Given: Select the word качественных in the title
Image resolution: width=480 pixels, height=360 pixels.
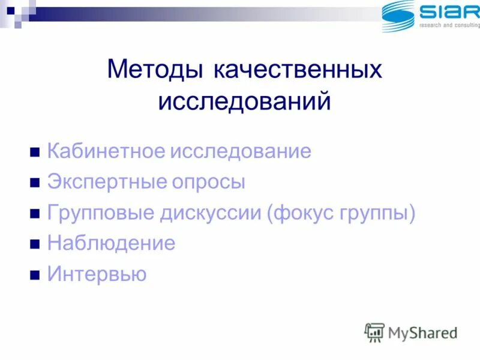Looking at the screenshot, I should (x=297, y=70).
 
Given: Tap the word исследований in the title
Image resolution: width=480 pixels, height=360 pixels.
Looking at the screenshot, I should (x=244, y=100).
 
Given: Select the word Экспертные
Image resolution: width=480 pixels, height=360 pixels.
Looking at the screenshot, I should (x=104, y=182).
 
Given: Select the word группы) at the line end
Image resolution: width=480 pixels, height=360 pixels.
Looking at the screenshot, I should (x=381, y=214).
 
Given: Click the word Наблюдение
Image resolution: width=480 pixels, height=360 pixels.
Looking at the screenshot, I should (x=111, y=244).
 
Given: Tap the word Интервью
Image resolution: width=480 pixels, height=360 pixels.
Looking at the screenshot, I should (x=97, y=275).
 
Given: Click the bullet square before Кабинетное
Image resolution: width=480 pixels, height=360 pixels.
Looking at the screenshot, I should (x=35, y=152).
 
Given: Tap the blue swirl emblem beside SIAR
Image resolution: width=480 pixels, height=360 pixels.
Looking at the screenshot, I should (x=398, y=16).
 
